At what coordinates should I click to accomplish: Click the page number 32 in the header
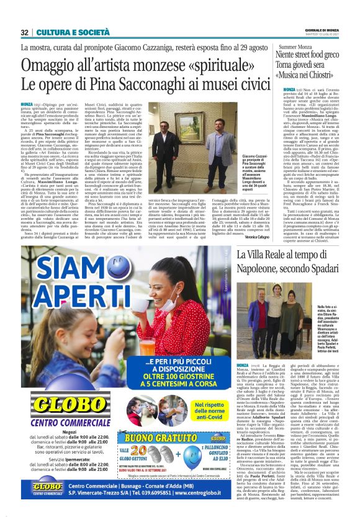coord(24,32)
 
